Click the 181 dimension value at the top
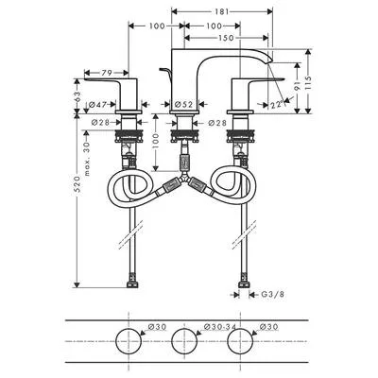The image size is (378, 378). [x=222, y=12]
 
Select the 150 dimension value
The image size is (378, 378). [x=227, y=38]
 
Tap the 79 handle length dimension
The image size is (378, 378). [x=107, y=73]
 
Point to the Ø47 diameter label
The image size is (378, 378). [x=97, y=104]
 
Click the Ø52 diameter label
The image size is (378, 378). [x=183, y=104]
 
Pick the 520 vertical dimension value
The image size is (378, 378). [x=78, y=183]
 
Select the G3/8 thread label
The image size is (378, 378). [x=273, y=295]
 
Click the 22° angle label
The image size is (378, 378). [x=277, y=105]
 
